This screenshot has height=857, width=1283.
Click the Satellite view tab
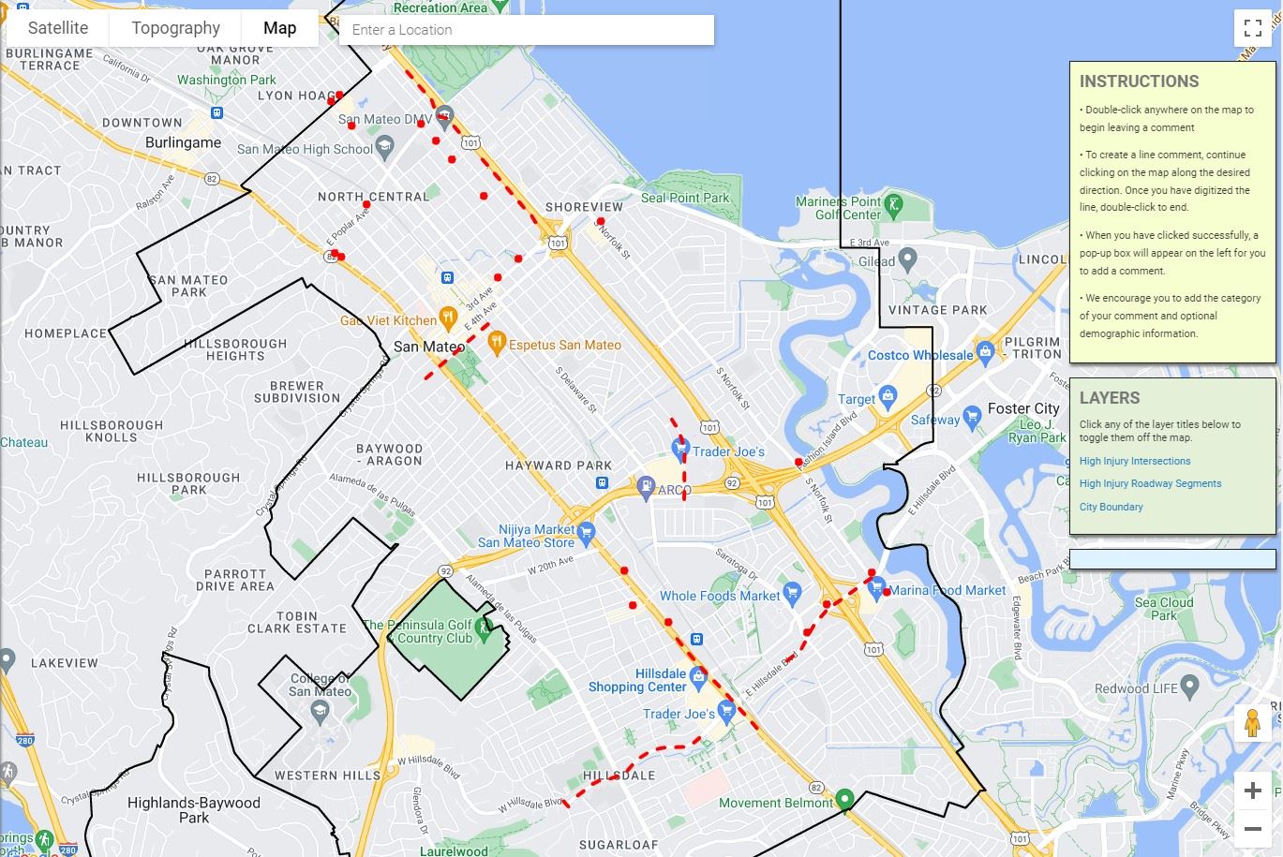tap(58, 28)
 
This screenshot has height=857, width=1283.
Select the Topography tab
tap(175, 28)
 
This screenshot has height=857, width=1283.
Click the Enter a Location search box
tap(526, 30)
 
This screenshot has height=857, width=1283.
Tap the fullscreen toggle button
tap(1252, 28)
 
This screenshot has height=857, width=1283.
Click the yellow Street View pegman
tap(1252, 724)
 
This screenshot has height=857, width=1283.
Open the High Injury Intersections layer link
tap(1134, 461)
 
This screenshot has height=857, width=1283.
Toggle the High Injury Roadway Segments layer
tap(1150, 483)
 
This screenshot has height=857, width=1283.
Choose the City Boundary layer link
tap(1111, 507)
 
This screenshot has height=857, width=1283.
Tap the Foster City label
tap(1022, 408)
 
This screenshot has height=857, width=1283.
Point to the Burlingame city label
tap(183, 143)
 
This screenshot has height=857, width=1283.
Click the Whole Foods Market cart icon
tap(792, 592)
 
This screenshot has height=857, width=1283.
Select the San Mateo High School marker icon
tap(384, 147)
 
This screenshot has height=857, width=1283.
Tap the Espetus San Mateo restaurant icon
tap(497, 342)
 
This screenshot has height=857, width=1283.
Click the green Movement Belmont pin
tap(844, 799)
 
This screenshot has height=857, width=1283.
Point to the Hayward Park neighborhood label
tap(558, 465)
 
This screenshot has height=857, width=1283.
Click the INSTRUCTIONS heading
tap(1139, 81)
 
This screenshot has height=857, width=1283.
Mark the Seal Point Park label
tap(684, 198)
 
